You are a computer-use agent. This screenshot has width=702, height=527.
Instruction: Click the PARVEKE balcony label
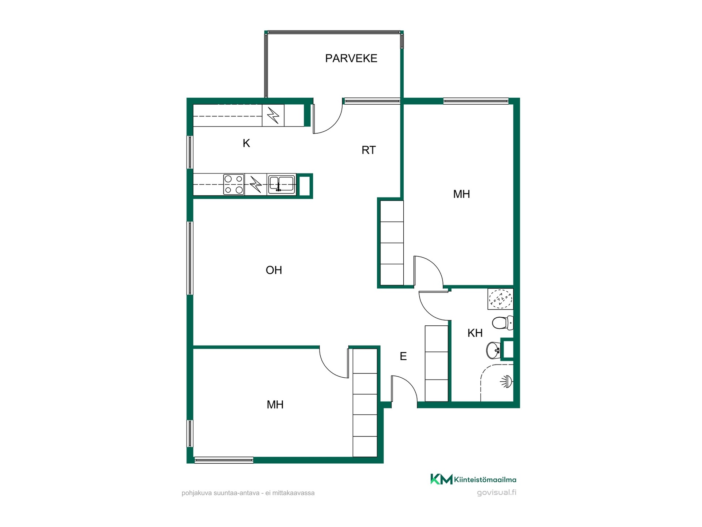point(351,58)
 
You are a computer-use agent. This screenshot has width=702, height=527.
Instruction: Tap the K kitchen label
point(246,143)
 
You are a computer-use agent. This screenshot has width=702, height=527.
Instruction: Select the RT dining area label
point(369,150)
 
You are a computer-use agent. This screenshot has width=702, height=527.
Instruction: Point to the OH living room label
point(274,270)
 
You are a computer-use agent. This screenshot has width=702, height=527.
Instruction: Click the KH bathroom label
point(475,333)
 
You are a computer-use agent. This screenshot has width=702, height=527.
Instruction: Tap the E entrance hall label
point(403,356)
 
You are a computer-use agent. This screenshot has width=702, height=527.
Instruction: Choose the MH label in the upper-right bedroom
point(461,194)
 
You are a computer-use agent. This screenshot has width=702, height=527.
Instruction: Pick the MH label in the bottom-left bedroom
point(275,404)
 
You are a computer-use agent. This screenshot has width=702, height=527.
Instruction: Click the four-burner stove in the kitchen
point(234,184)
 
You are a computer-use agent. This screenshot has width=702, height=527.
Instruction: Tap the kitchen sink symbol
point(282,184)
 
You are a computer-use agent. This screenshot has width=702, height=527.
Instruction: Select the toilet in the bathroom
point(502,323)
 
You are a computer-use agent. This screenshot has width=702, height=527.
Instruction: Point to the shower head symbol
point(506,382)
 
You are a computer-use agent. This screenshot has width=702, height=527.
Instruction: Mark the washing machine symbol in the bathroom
point(501,299)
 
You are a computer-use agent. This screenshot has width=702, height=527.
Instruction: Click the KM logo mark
point(441,479)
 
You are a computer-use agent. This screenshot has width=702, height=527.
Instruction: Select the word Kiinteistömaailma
point(485,479)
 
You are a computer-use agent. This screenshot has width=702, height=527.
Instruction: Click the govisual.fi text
point(497,493)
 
